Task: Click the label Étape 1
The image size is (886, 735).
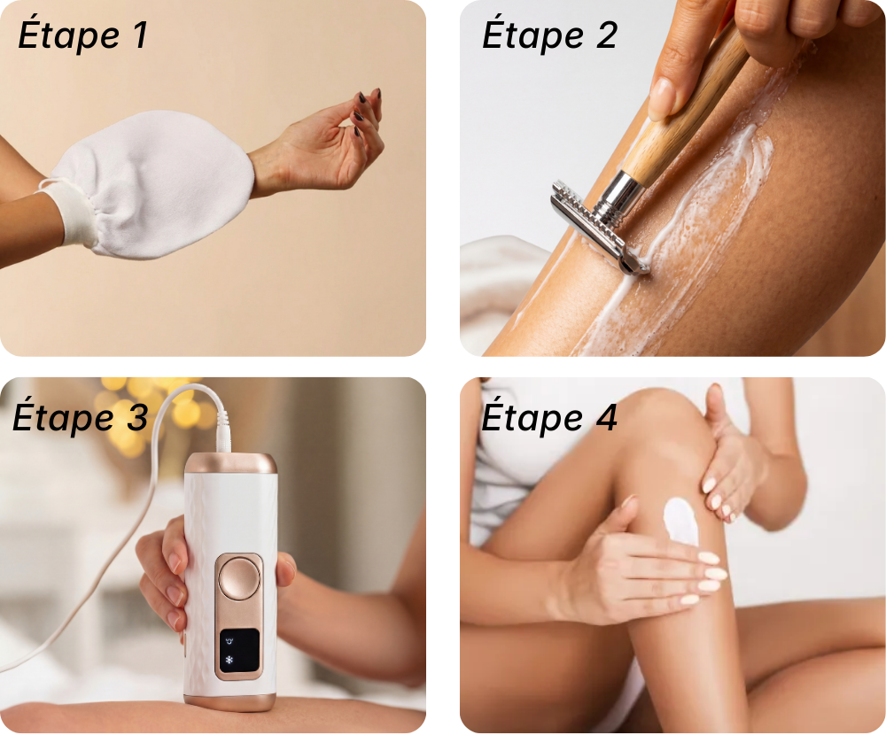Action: pos(83,35)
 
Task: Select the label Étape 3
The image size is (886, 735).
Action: pos(81,416)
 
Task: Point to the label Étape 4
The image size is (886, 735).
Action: pos(549,417)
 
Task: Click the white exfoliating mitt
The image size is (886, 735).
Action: pos(141,185)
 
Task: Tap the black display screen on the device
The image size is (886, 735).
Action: pos(239,650)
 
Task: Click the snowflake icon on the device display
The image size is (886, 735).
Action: pos(229,660)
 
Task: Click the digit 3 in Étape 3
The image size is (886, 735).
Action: pos(136,417)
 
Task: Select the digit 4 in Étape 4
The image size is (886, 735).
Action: pos(606,417)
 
